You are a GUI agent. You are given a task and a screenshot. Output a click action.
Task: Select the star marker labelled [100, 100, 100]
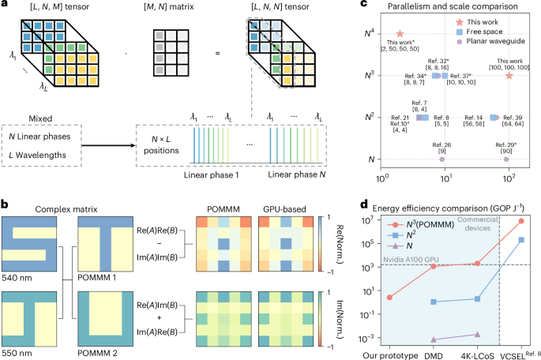[x=509, y=76]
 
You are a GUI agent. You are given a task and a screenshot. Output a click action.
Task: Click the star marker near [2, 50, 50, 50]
[x=400, y=35]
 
